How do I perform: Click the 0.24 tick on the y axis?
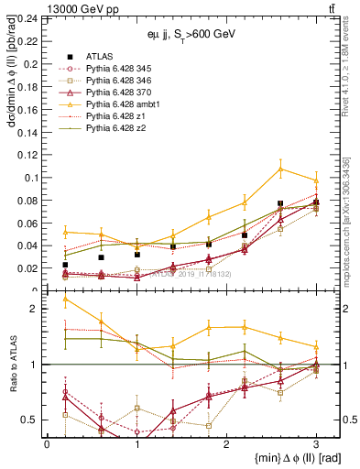[27, 18]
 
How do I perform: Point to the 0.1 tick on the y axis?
[30, 152]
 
